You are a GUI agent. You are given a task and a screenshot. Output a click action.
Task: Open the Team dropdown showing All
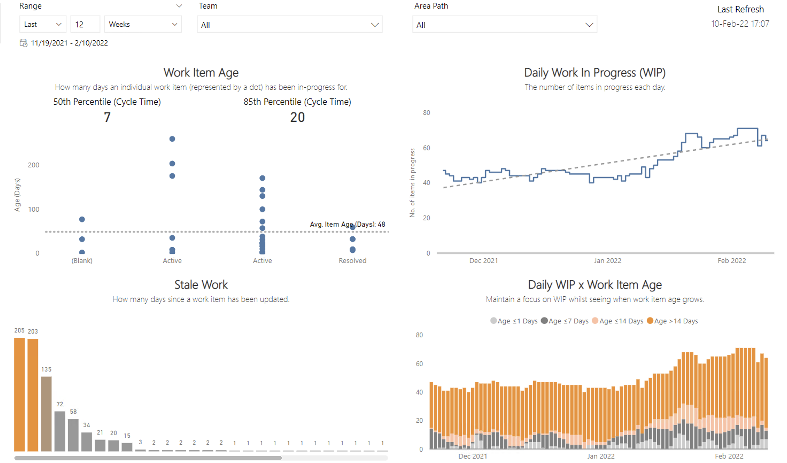[289, 25]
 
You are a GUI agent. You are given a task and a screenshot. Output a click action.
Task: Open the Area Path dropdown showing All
[504, 25]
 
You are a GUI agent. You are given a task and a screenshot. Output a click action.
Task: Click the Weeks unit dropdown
[143, 24]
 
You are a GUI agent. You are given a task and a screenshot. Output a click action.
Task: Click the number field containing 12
[85, 24]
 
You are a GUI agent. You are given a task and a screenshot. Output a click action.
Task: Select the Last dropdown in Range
[43, 24]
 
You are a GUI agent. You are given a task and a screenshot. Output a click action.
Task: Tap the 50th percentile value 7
[107, 117]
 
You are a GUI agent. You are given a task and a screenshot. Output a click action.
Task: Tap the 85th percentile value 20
[297, 117]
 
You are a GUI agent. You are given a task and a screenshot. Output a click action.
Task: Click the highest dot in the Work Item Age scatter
[172, 139]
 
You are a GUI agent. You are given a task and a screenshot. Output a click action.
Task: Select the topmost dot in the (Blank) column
[82, 219]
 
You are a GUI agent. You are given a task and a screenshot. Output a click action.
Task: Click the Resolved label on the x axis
[352, 261]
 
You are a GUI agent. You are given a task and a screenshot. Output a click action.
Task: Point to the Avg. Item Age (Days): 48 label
[347, 224]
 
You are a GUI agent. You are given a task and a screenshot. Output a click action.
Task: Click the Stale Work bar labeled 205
[19, 395]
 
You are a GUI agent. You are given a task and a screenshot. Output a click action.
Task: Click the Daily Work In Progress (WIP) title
[594, 73]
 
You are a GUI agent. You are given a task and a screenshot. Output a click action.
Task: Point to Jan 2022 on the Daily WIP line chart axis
[607, 261]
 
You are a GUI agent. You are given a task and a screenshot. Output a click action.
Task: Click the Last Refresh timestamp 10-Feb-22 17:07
[740, 24]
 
